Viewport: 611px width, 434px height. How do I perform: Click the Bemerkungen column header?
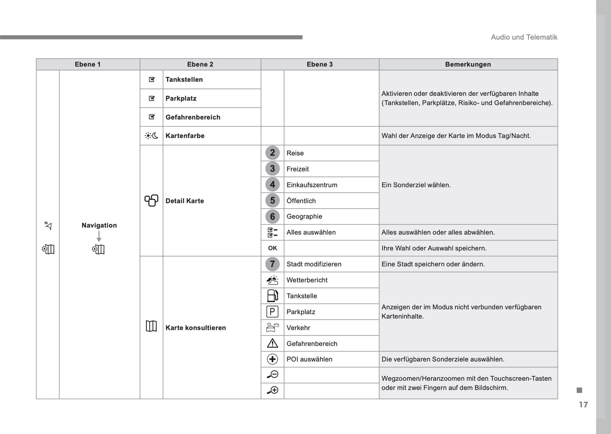468,64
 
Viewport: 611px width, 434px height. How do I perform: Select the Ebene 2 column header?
200,64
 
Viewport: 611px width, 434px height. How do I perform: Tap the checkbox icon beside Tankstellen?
152,80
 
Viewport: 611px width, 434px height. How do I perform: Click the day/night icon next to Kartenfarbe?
151,136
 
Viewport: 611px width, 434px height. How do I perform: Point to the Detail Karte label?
184,201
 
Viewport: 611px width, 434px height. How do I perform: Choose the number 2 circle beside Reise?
272,153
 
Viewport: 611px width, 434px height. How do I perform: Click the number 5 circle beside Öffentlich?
272,201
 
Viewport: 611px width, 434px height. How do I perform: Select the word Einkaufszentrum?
312,185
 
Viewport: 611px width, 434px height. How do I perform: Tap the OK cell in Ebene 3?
272,248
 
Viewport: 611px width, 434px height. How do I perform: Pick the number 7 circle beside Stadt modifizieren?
272,264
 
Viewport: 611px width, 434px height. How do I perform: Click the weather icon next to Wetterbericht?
272,280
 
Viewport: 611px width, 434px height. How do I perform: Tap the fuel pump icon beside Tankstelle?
272,296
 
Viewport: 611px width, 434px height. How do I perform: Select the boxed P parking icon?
272,312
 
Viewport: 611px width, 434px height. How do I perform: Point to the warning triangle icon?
272,343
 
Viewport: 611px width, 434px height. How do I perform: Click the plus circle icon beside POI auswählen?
272,359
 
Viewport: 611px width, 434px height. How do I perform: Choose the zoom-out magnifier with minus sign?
272,375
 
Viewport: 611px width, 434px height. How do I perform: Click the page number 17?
584,405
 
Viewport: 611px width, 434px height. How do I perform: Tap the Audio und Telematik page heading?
524,37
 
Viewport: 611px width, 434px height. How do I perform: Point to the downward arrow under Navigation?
99,236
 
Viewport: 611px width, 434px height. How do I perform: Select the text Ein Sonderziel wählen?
416,185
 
